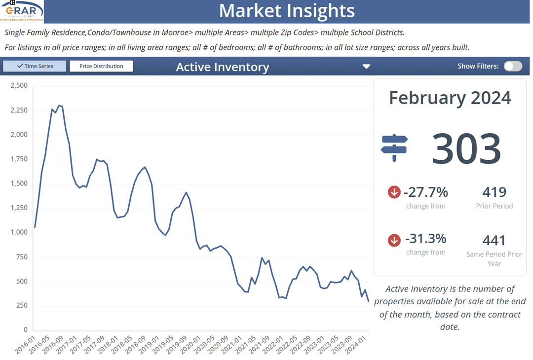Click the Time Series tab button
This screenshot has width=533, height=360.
pyautogui.click(x=35, y=66)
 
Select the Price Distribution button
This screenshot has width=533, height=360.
pyautogui.click(x=101, y=66)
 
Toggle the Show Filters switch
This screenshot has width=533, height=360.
pyautogui.click(x=513, y=66)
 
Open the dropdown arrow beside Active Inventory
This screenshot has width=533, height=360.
pyautogui.click(x=366, y=67)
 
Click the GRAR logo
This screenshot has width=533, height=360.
pyautogui.click(x=22, y=11)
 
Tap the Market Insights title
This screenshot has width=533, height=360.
pyautogui.click(x=286, y=11)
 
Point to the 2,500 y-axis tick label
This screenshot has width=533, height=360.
pyautogui.click(x=19, y=86)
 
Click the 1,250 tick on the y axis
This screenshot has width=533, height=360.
pyautogui.click(x=19, y=208)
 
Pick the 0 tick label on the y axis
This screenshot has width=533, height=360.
pyautogui.click(x=26, y=330)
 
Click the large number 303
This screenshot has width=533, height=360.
pyautogui.click(x=466, y=148)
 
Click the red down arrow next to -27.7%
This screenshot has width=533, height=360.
pyautogui.click(x=394, y=192)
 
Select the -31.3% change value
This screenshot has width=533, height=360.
pyautogui.click(x=425, y=239)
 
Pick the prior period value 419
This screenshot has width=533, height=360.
pyautogui.click(x=494, y=192)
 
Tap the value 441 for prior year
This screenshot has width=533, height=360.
pyautogui.click(x=494, y=240)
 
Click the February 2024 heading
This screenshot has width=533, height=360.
pyautogui.click(x=450, y=98)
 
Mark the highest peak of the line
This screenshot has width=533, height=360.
pyautogui.click(x=59, y=105)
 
